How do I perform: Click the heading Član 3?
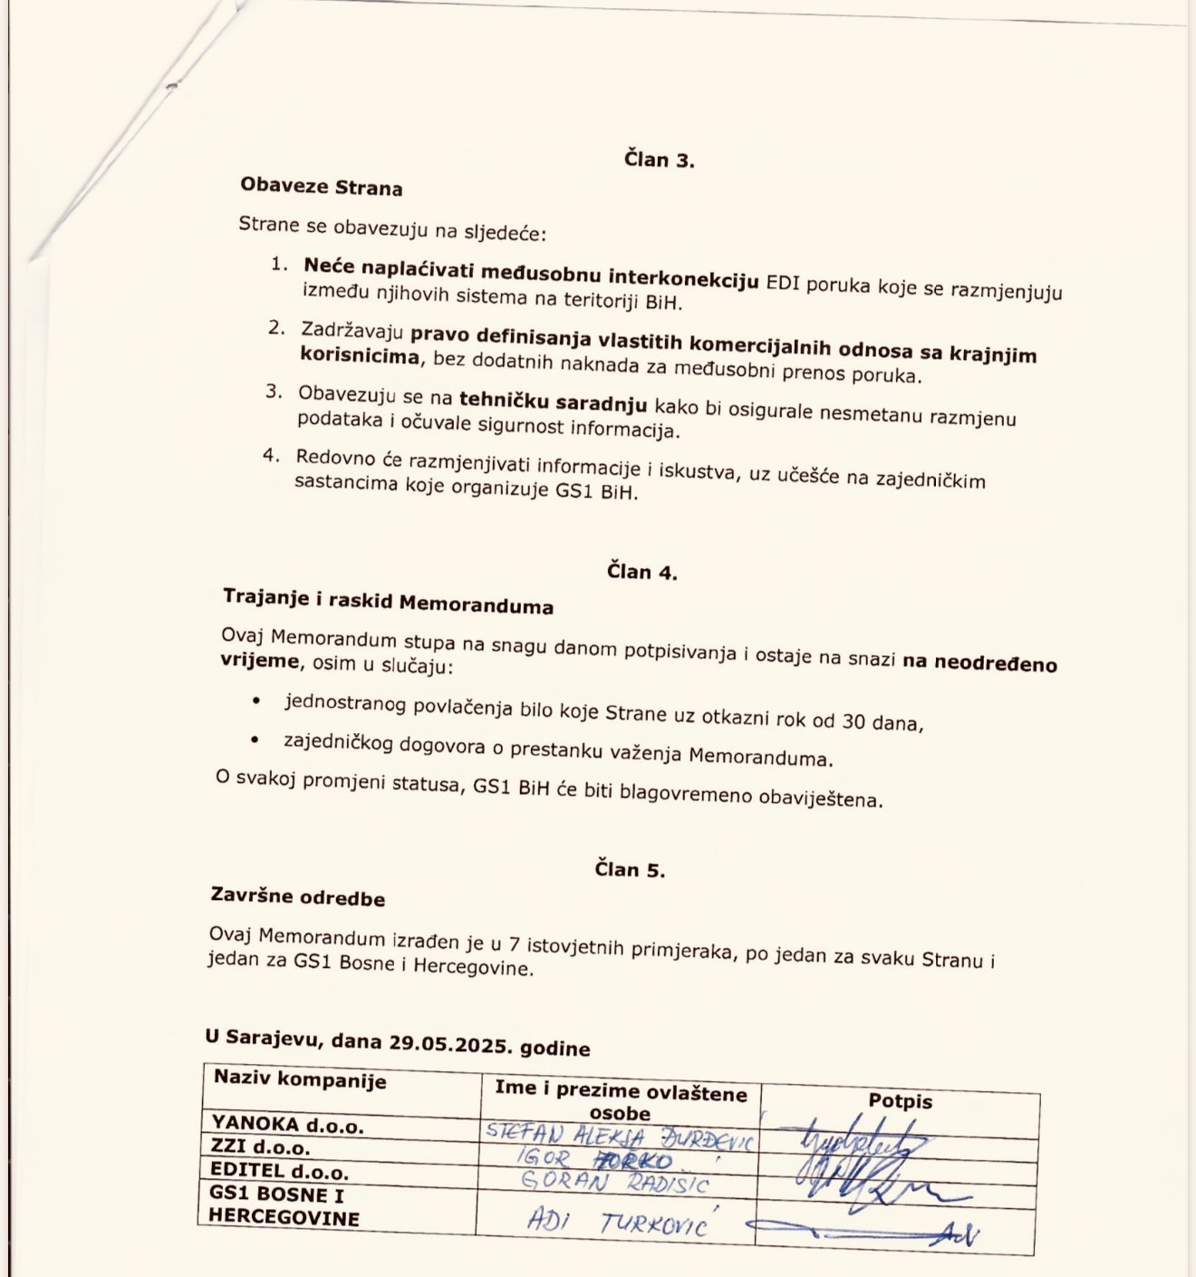(x=659, y=160)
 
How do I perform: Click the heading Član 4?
(x=641, y=572)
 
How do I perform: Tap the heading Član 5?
(x=630, y=869)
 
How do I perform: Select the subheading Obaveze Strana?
(x=321, y=188)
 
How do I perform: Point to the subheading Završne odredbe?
(x=297, y=897)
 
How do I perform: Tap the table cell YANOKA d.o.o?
(x=286, y=1126)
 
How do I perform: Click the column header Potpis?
(x=900, y=1101)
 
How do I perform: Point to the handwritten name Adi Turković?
(x=616, y=1224)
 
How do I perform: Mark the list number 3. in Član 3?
(x=274, y=392)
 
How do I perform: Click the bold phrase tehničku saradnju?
(x=553, y=401)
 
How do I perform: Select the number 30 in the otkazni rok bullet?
(x=854, y=721)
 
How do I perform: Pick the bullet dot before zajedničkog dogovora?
(x=256, y=740)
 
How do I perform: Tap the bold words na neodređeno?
(x=979, y=663)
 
